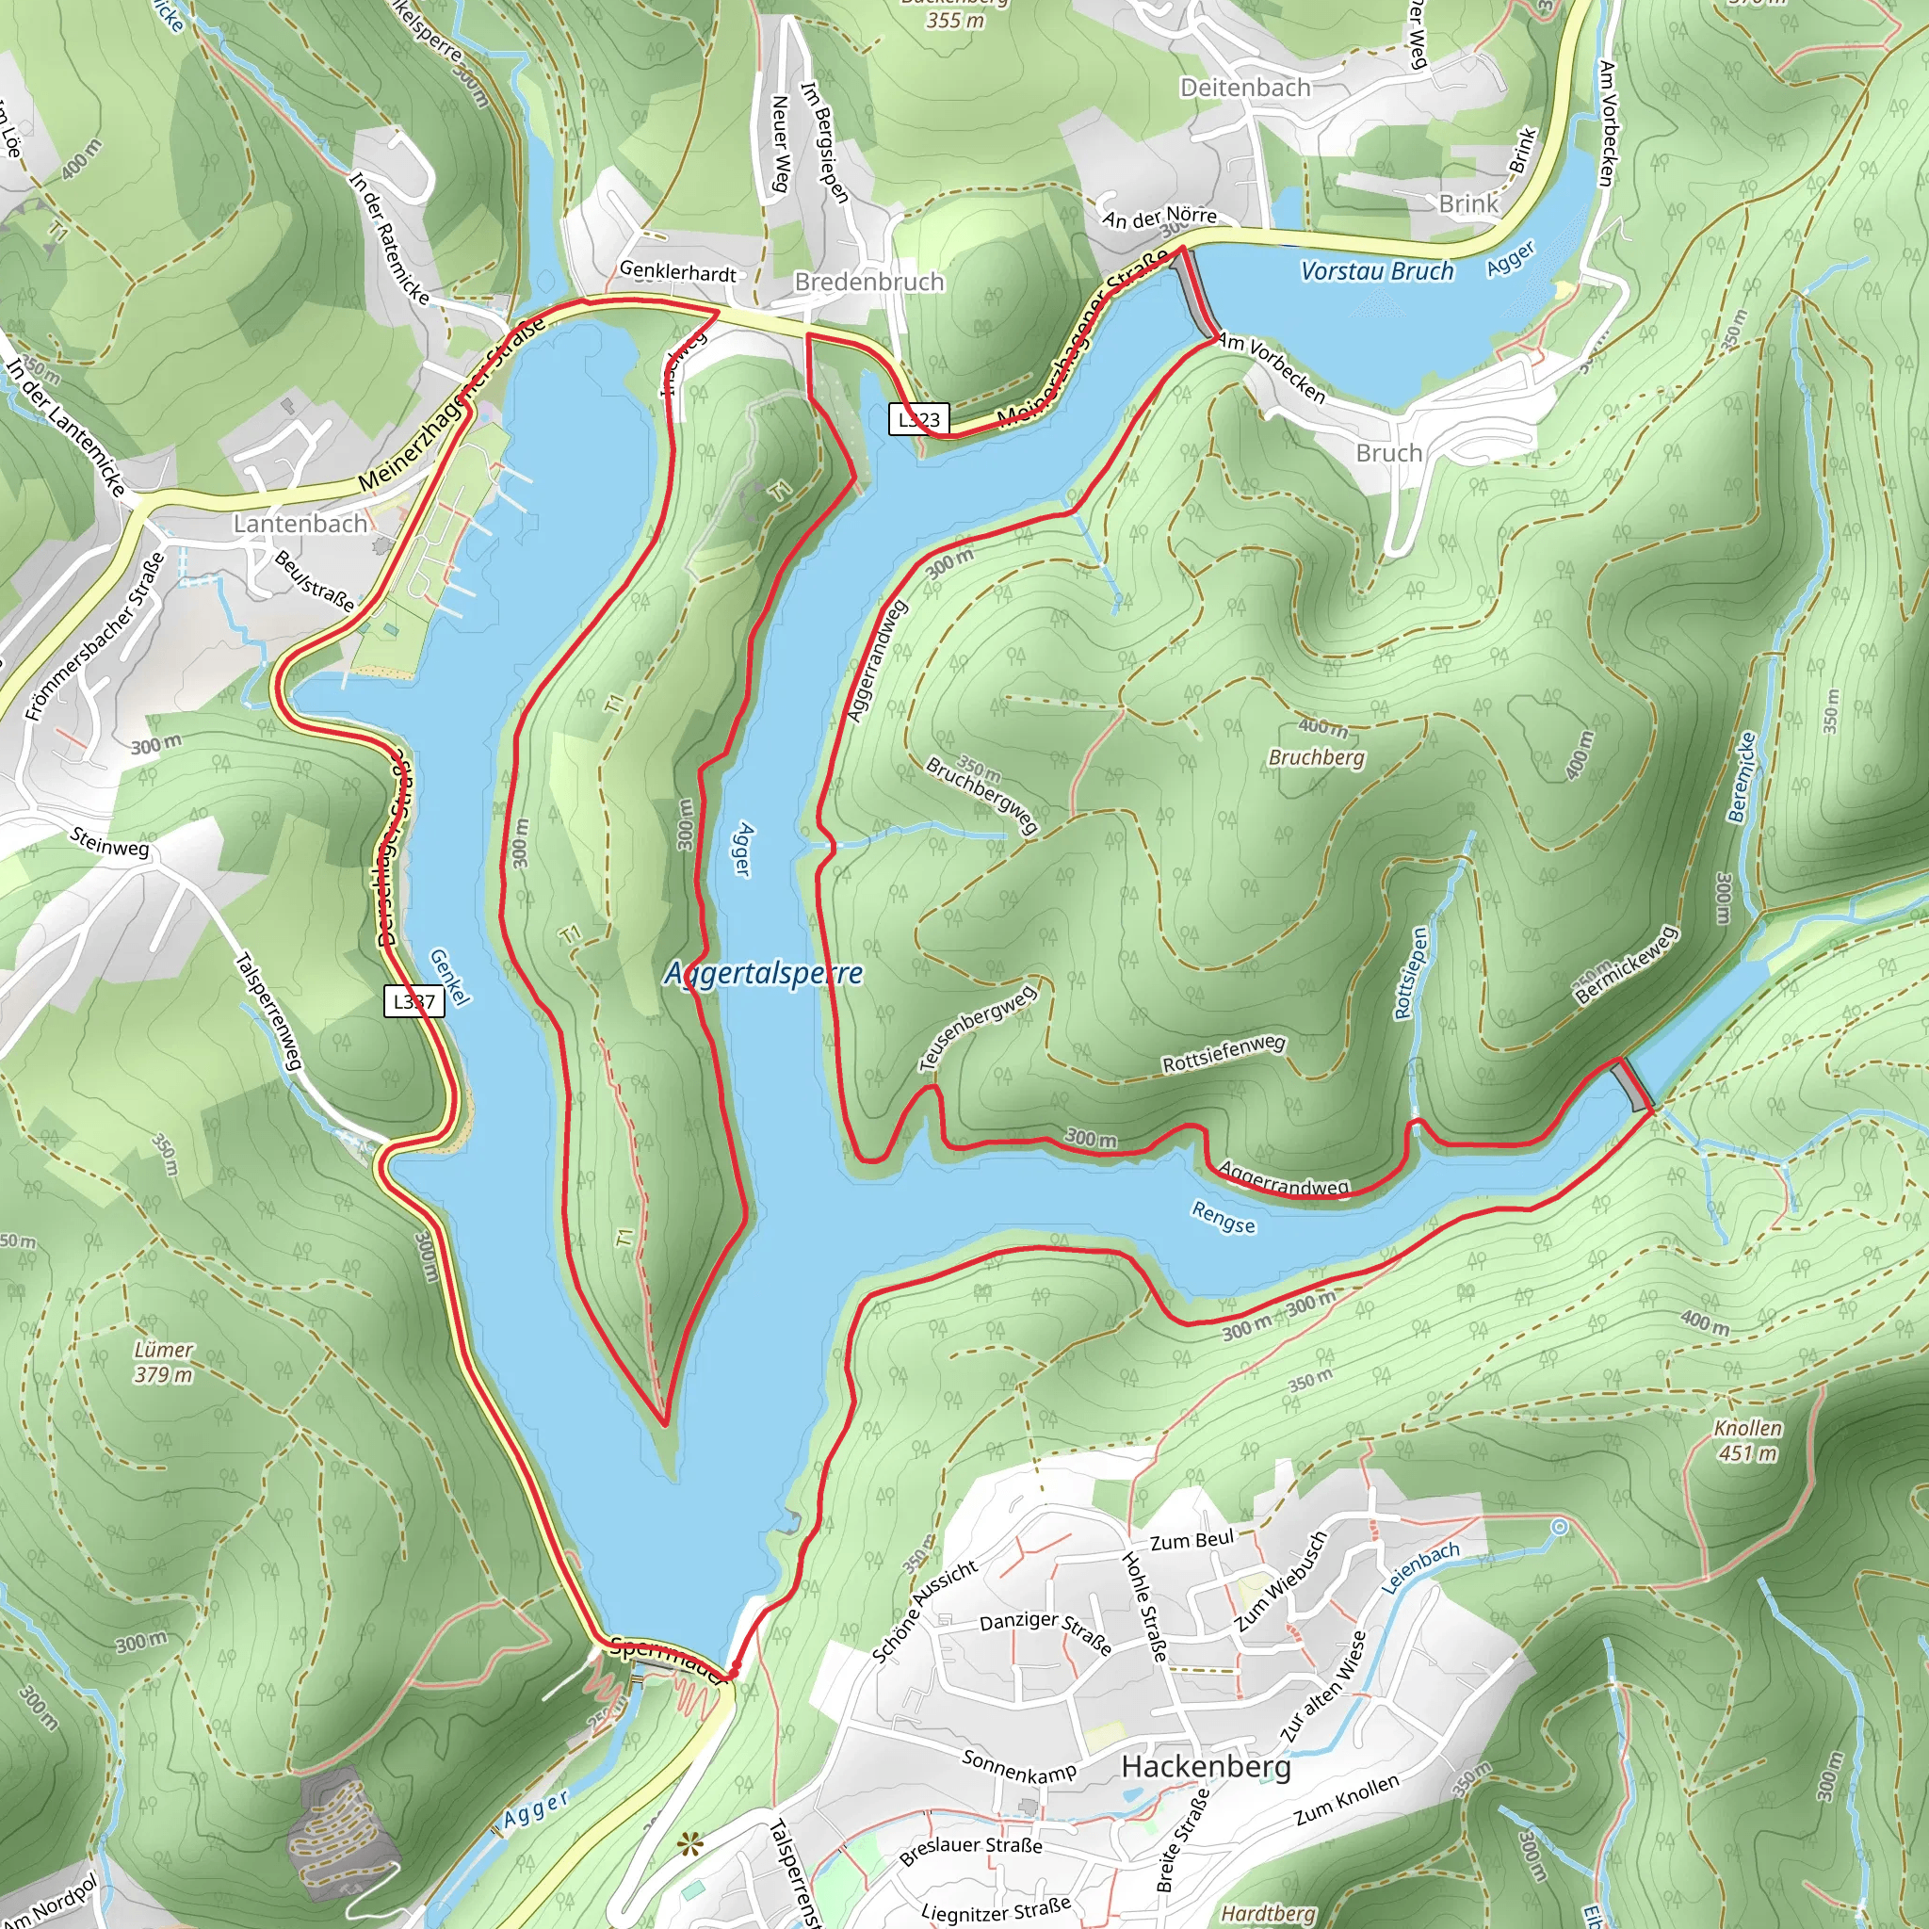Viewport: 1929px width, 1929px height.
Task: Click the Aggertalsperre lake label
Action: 764,974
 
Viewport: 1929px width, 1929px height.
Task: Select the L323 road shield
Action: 917,419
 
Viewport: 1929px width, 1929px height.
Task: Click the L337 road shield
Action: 413,1001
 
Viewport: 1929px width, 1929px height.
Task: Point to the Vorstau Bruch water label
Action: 1377,271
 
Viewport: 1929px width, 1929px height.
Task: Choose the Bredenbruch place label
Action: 868,283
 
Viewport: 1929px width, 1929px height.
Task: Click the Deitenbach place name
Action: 1245,88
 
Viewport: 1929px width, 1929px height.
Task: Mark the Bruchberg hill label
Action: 1316,758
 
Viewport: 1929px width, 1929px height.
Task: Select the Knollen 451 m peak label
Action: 1747,1441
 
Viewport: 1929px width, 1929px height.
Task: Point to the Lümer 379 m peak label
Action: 164,1362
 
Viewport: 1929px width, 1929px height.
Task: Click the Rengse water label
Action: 1224,1217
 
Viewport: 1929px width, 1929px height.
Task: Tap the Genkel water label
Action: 448,977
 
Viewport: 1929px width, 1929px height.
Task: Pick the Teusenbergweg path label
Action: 979,1028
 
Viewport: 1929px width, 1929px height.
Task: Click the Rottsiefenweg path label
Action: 1224,1054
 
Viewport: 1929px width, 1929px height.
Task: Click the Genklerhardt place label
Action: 678,271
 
